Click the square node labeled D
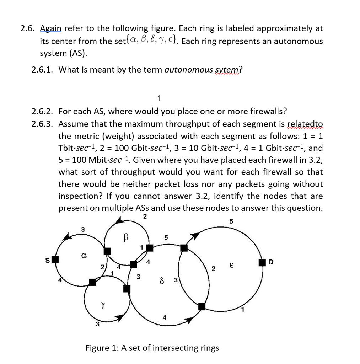click(262, 263)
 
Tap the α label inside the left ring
click(84, 255)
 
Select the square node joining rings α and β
click(107, 251)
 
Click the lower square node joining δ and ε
click(202, 306)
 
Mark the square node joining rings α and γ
click(92, 282)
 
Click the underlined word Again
click(51, 28)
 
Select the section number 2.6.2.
click(42, 111)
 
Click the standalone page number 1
click(159, 98)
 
